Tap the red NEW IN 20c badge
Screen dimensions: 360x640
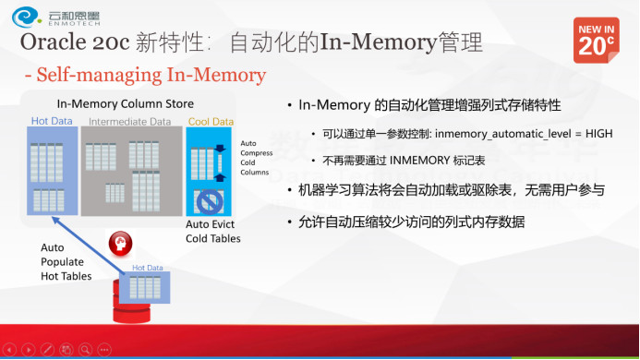tap(597, 38)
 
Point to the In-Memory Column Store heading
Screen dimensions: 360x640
tap(125, 103)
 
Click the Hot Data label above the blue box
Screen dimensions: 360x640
tap(52, 121)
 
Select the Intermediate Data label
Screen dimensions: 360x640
tap(129, 121)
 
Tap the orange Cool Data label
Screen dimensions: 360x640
tap(211, 121)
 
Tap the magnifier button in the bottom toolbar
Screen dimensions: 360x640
tap(85, 350)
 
